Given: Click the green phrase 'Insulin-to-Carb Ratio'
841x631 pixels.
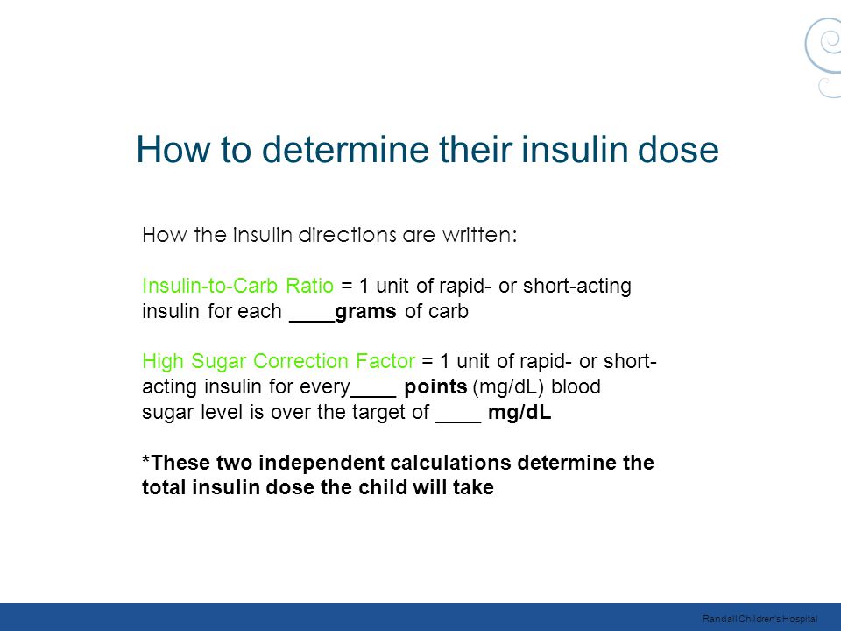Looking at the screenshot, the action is tap(237, 286).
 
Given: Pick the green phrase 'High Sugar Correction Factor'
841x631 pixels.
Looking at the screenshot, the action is tap(279, 361).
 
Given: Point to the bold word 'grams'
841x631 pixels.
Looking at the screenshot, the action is tap(366, 312).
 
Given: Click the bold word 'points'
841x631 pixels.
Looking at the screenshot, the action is tap(435, 386).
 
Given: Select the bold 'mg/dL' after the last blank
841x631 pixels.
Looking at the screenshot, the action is tap(519, 413).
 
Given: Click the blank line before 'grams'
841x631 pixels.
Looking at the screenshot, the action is tap(312, 322).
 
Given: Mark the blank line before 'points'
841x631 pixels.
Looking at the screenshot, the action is tap(373, 396).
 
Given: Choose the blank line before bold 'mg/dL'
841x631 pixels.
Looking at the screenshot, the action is tap(458, 422).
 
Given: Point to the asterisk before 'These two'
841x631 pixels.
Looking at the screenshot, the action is tap(146, 460).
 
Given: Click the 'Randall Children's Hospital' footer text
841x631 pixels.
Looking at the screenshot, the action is tap(760, 620).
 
